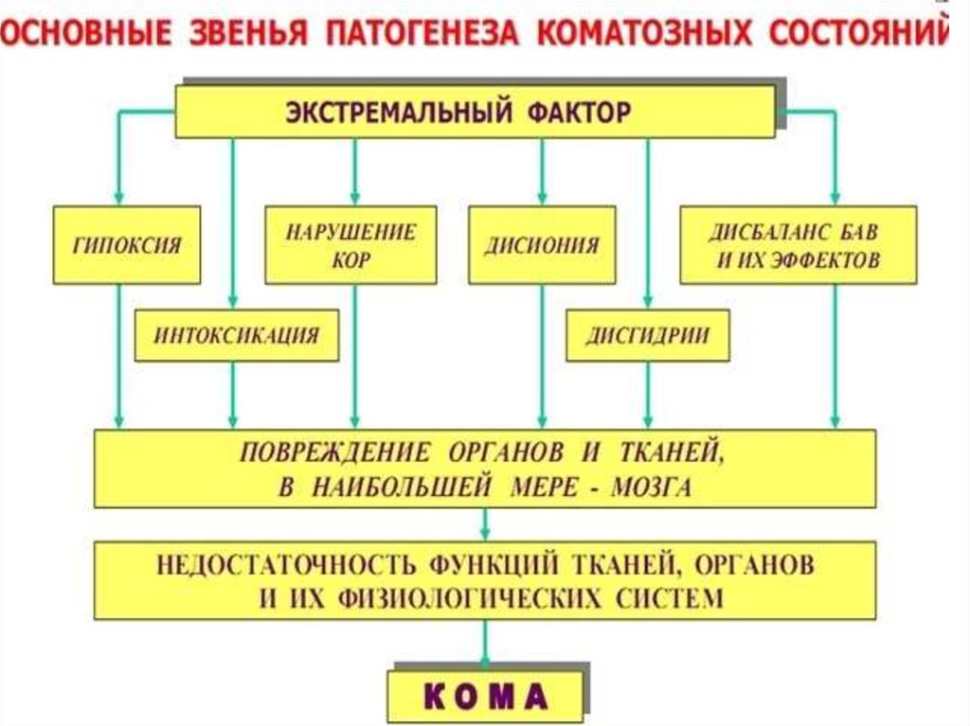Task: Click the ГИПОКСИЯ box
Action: coord(126,245)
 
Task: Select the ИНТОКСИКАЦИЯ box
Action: coord(237,335)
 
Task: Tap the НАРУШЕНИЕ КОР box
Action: coord(350,245)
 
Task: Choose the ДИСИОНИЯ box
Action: coord(542,245)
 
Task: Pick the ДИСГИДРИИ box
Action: coord(648,335)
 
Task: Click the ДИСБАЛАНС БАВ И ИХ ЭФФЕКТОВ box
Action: coord(798,245)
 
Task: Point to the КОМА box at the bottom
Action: coord(485,697)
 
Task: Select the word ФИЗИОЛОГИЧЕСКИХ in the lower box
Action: coord(455,598)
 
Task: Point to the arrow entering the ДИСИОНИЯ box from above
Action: coord(542,189)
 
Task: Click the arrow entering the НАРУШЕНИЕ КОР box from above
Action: coord(354,189)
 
